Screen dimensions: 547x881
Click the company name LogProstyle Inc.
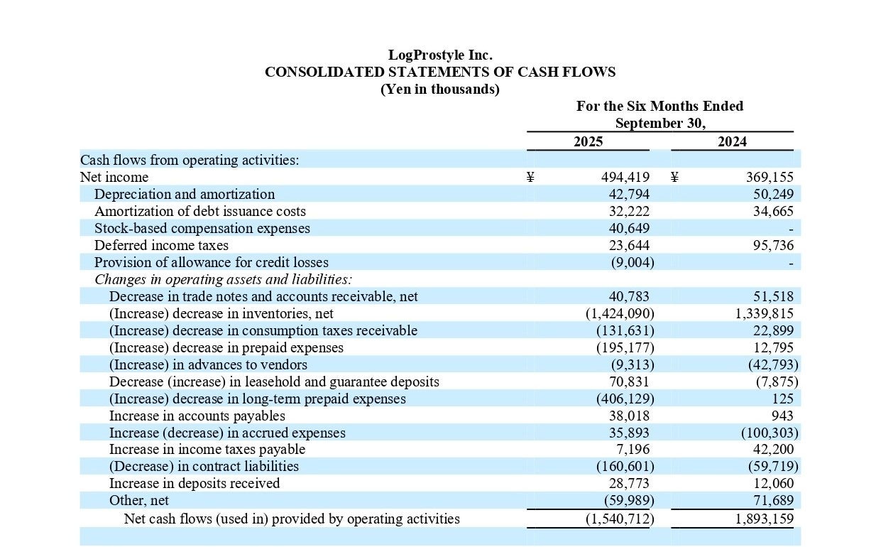pos(440,55)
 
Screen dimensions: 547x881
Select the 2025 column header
pos(588,142)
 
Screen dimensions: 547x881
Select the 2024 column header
pos(732,142)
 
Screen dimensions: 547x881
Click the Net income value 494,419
pos(625,178)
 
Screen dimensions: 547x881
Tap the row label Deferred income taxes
pos(161,246)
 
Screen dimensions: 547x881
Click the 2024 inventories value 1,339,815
pos(763,313)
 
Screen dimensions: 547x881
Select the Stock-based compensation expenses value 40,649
pos(629,229)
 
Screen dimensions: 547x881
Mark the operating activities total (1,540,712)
pos(619,519)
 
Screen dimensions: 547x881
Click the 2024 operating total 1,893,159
pos(763,519)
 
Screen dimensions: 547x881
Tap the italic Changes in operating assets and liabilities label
pos(224,279)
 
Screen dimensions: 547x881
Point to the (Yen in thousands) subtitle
pos(440,90)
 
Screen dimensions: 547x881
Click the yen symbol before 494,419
pos(530,178)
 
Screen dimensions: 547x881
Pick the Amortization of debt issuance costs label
pos(200,212)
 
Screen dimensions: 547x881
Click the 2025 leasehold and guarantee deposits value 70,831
pos(629,381)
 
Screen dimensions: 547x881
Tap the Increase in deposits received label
pos(195,484)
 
